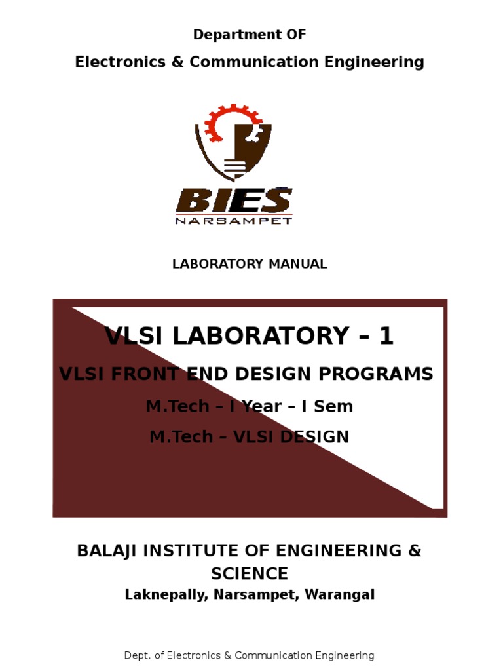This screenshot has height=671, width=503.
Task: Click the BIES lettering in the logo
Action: [234, 200]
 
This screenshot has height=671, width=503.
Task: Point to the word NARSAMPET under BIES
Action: [234, 220]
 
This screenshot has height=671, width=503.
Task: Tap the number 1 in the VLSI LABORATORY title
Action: [386, 336]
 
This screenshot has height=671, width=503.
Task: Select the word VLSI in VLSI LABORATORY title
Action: [134, 336]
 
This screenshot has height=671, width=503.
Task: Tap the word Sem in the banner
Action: [335, 406]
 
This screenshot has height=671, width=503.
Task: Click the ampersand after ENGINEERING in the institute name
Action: [414, 550]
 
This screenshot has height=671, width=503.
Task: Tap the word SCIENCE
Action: [250, 574]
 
